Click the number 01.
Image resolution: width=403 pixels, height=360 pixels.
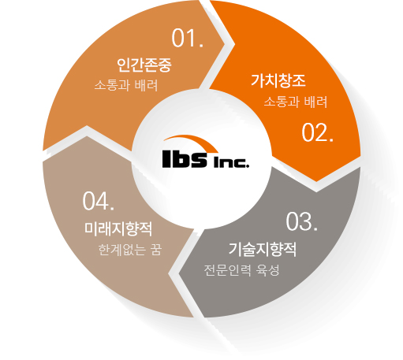(x=188, y=39)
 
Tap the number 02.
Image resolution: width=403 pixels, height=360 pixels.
(x=318, y=133)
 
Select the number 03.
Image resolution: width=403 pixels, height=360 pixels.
(x=302, y=222)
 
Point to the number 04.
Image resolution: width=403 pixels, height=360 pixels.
(x=99, y=201)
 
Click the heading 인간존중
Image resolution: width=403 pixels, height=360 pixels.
(x=144, y=65)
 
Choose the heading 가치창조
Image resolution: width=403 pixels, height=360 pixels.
(x=278, y=80)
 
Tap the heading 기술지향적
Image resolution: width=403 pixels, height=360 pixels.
(x=263, y=249)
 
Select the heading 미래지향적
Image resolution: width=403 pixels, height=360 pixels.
(x=118, y=228)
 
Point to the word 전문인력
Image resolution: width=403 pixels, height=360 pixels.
(x=228, y=270)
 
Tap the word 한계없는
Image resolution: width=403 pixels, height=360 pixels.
(x=122, y=250)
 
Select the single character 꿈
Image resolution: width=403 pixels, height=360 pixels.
(x=156, y=250)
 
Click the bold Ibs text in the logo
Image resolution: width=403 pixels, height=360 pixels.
(x=185, y=159)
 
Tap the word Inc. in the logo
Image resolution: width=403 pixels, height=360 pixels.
(x=231, y=163)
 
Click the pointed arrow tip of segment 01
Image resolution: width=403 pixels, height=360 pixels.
(x=225, y=43)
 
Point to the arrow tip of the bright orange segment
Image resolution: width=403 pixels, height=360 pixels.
(x=316, y=181)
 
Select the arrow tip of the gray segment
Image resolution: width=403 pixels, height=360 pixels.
(x=179, y=275)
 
